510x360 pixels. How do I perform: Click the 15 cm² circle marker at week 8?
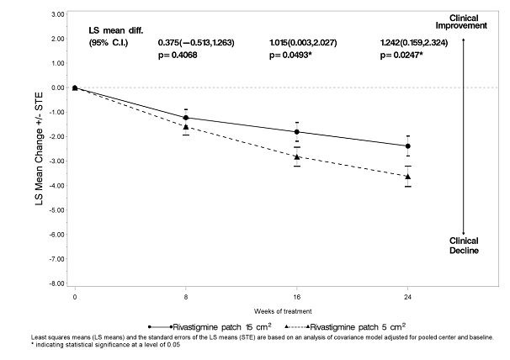click(186, 118)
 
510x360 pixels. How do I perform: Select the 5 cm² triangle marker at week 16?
click(297, 156)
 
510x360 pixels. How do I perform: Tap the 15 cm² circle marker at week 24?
click(408, 146)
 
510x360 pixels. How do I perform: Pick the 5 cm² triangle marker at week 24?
click(408, 176)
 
